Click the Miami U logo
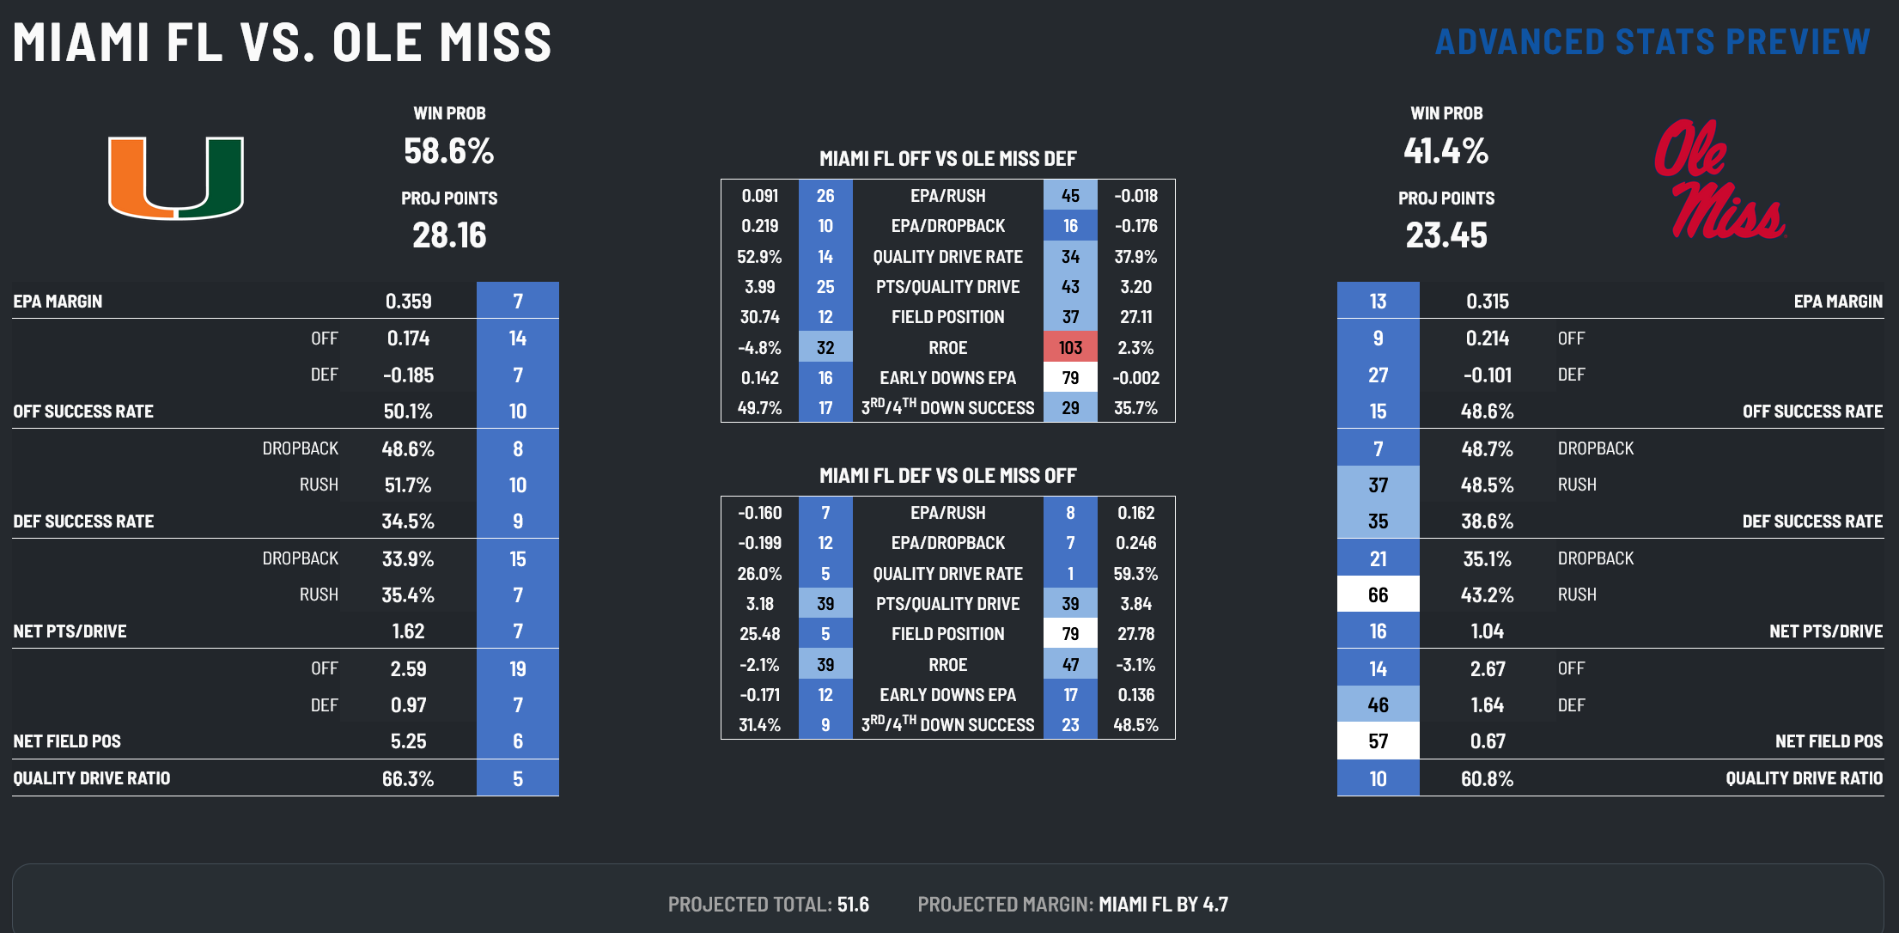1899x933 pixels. (x=176, y=177)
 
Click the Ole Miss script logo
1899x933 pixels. (x=1719, y=180)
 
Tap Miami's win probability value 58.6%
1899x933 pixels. (x=449, y=151)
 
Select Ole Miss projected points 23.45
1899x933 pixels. (x=1446, y=235)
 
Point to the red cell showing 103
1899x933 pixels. (x=1070, y=348)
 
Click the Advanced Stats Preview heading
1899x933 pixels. (x=1652, y=42)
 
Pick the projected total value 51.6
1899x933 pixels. (x=853, y=905)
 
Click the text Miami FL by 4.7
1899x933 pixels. (x=1163, y=905)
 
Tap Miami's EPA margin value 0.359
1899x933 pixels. (x=408, y=302)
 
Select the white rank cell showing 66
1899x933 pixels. (x=1378, y=595)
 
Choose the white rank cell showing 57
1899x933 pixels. (x=1378, y=741)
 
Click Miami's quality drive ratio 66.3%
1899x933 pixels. (x=408, y=779)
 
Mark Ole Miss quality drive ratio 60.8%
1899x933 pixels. (x=1487, y=779)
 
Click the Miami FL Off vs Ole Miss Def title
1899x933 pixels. (x=947, y=159)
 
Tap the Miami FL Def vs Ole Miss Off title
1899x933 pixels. (x=947, y=476)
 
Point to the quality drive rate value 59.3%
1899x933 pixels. (x=1135, y=574)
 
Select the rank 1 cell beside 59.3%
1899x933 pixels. (x=1070, y=574)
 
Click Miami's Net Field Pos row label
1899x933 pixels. (x=67, y=741)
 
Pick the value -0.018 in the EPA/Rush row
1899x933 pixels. (x=1135, y=196)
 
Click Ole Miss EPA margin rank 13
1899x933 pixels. (x=1378, y=302)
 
